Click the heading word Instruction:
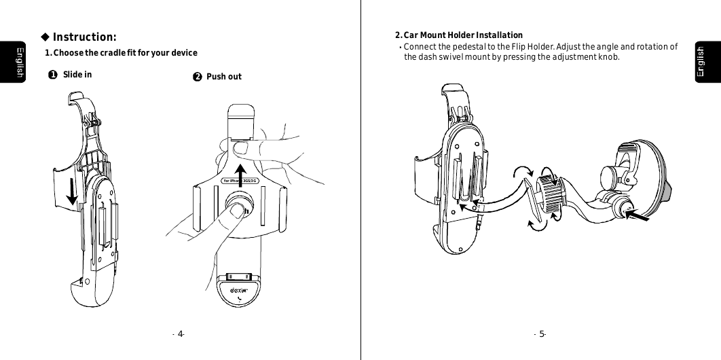pyautogui.click(x=84, y=37)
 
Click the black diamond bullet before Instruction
pyautogui.click(x=45, y=37)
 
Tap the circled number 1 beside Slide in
pyautogui.click(x=52, y=75)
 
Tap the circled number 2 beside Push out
pyautogui.click(x=196, y=77)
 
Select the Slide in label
pyautogui.click(x=77, y=75)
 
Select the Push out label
pyautogui.click(x=223, y=77)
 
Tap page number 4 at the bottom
pyautogui.click(x=181, y=334)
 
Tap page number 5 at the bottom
pyautogui.click(x=542, y=334)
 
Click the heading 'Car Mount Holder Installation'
pyautogui.click(x=462, y=35)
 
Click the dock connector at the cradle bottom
pyautogui.click(x=240, y=276)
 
